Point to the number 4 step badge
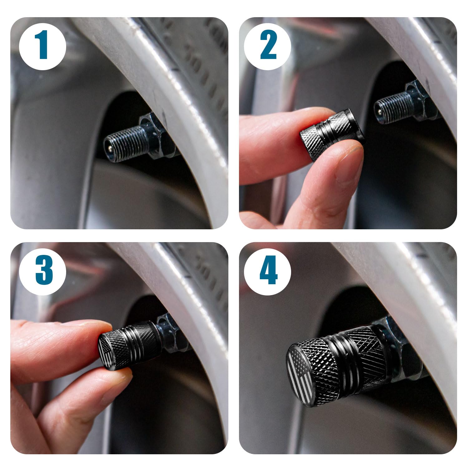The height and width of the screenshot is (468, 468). point(268,270)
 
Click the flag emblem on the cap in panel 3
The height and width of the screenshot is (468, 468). point(105,351)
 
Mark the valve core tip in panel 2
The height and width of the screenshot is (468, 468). point(378,111)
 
